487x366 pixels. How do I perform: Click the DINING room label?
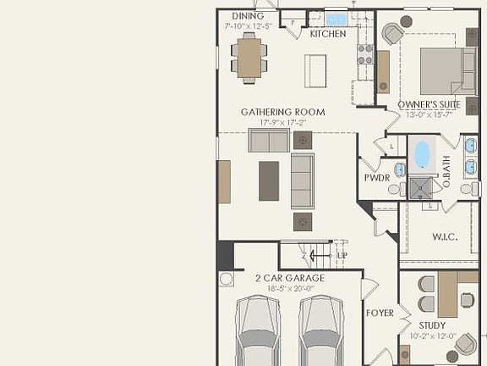click(x=248, y=16)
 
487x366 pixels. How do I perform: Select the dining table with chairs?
click(x=249, y=57)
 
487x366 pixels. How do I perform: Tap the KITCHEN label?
click(x=327, y=35)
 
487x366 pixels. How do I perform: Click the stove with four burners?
click(x=365, y=54)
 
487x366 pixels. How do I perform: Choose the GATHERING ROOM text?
click(x=282, y=112)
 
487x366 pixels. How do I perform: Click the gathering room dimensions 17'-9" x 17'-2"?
click(x=282, y=124)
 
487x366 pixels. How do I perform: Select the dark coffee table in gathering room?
click(x=269, y=180)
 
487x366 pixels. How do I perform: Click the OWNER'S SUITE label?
click(x=429, y=105)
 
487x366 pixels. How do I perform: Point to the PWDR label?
click(x=376, y=179)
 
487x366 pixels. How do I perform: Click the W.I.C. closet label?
click(x=445, y=236)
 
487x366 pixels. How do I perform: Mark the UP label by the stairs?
click(x=342, y=255)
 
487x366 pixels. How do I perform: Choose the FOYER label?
click(x=380, y=313)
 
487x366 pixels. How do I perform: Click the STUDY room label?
click(x=433, y=324)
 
